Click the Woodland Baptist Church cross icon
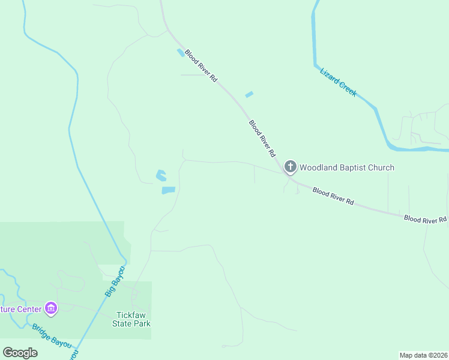click(x=290, y=167)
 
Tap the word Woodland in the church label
click(x=319, y=167)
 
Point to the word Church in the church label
click(x=382, y=167)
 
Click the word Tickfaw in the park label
click(x=131, y=315)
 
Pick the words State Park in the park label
click(x=131, y=323)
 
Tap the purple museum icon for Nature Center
click(x=51, y=309)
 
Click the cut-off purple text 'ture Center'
click(x=20, y=310)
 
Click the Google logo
click(x=20, y=353)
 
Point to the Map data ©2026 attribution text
click(x=423, y=355)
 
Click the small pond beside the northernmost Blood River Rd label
click(x=180, y=53)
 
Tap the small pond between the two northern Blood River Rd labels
click(x=249, y=94)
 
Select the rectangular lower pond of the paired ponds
click(x=168, y=190)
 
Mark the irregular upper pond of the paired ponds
click(x=161, y=176)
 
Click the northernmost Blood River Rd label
click(x=200, y=66)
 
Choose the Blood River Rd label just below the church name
click(x=333, y=196)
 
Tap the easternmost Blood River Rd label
click(x=425, y=220)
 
